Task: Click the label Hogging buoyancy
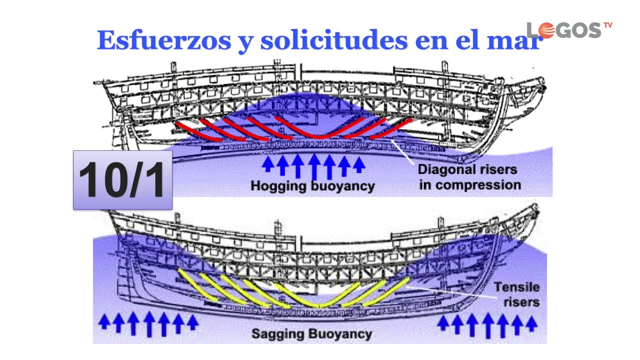[x=312, y=186]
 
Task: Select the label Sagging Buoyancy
[x=311, y=333]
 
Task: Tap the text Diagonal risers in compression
[x=469, y=177]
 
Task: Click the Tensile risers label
[x=516, y=294]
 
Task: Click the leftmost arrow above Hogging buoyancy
[x=268, y=164]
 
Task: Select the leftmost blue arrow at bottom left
[x=104, y=321]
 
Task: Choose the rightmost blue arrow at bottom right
[x=531, y=323]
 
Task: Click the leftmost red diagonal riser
[x=197, y=131]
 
